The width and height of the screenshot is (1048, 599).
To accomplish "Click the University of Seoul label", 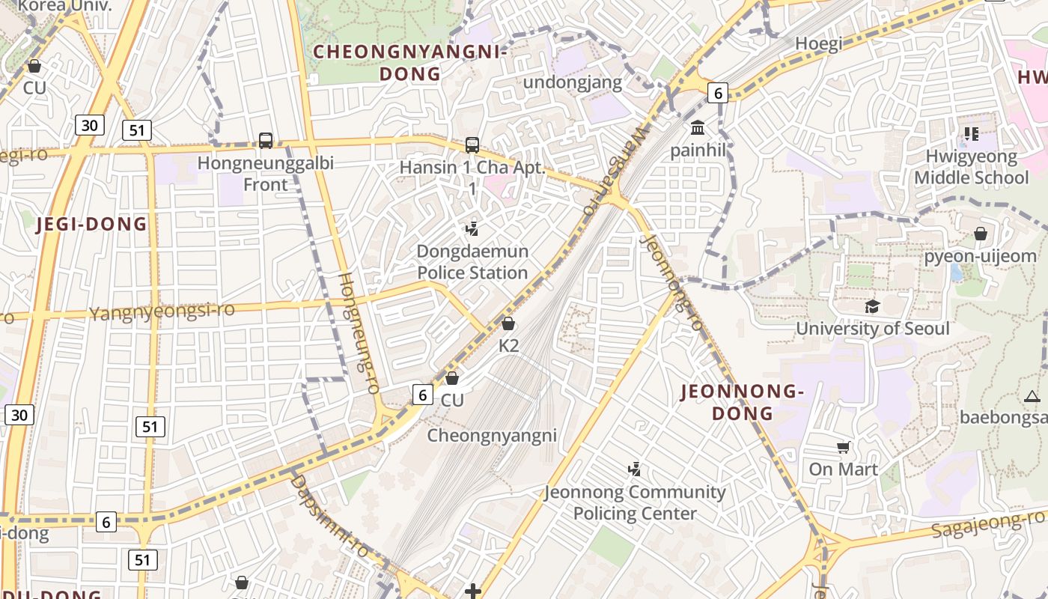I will (x=872, y=329).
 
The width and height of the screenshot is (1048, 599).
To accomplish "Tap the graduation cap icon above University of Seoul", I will (x=872, y=306).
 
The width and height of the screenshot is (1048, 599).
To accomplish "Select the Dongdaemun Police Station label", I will (x=472, y=262).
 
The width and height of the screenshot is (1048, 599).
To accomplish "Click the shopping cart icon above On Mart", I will (x=844, y=448).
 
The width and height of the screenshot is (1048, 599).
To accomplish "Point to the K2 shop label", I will (x=508, y=346).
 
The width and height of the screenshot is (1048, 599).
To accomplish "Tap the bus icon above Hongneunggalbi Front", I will (x=265, y=140).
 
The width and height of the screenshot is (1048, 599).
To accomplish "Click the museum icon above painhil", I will (x=698, y=127).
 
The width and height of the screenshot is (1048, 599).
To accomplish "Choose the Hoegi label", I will (x=818, y=43).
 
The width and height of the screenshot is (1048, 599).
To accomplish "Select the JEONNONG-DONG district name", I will (x=742, y=402).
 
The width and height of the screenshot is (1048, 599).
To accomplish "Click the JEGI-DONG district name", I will (x=92, y=224).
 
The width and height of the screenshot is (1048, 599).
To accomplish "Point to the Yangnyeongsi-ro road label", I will (x=162, y=311).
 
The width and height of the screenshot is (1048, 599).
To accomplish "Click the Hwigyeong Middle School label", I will (x=971, y=168).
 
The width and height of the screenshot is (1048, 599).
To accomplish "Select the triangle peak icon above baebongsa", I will (x=1032, y=396).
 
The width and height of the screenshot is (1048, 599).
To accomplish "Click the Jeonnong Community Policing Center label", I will (x=635, y=502).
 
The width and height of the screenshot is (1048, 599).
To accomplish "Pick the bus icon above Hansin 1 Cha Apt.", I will (x=472, y=145).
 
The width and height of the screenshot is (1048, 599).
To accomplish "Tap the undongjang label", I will (x=573, y=82).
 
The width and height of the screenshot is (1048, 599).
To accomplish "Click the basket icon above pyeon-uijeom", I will (x=980, y=234).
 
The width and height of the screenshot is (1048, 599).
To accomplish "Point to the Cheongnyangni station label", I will (x=492, y=435).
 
